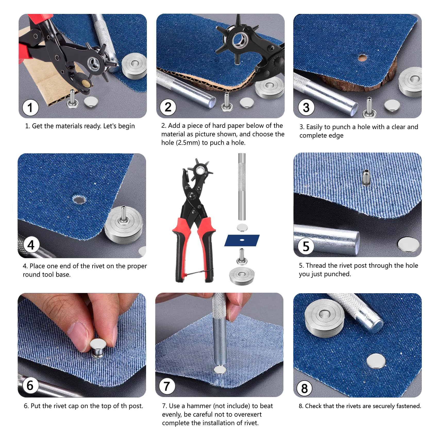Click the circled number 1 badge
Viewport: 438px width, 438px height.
tap(30, 107)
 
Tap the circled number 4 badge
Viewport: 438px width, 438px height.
tap(31, 245)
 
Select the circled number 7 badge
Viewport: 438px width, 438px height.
tap(167, 386)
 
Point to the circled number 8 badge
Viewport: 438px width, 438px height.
tap(304, 389)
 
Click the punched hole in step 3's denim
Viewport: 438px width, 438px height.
tap(362, 57)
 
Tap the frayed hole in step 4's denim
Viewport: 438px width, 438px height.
tap(79, 199)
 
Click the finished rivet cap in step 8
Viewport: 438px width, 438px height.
tap(376, 361)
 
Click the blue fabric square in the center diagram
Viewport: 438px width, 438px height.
tap(242, 240)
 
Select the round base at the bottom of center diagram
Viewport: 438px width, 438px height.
tap(242, 276)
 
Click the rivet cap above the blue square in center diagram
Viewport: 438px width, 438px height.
tap(242, 228)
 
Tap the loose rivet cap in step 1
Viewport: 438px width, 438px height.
tap(90, 102)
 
